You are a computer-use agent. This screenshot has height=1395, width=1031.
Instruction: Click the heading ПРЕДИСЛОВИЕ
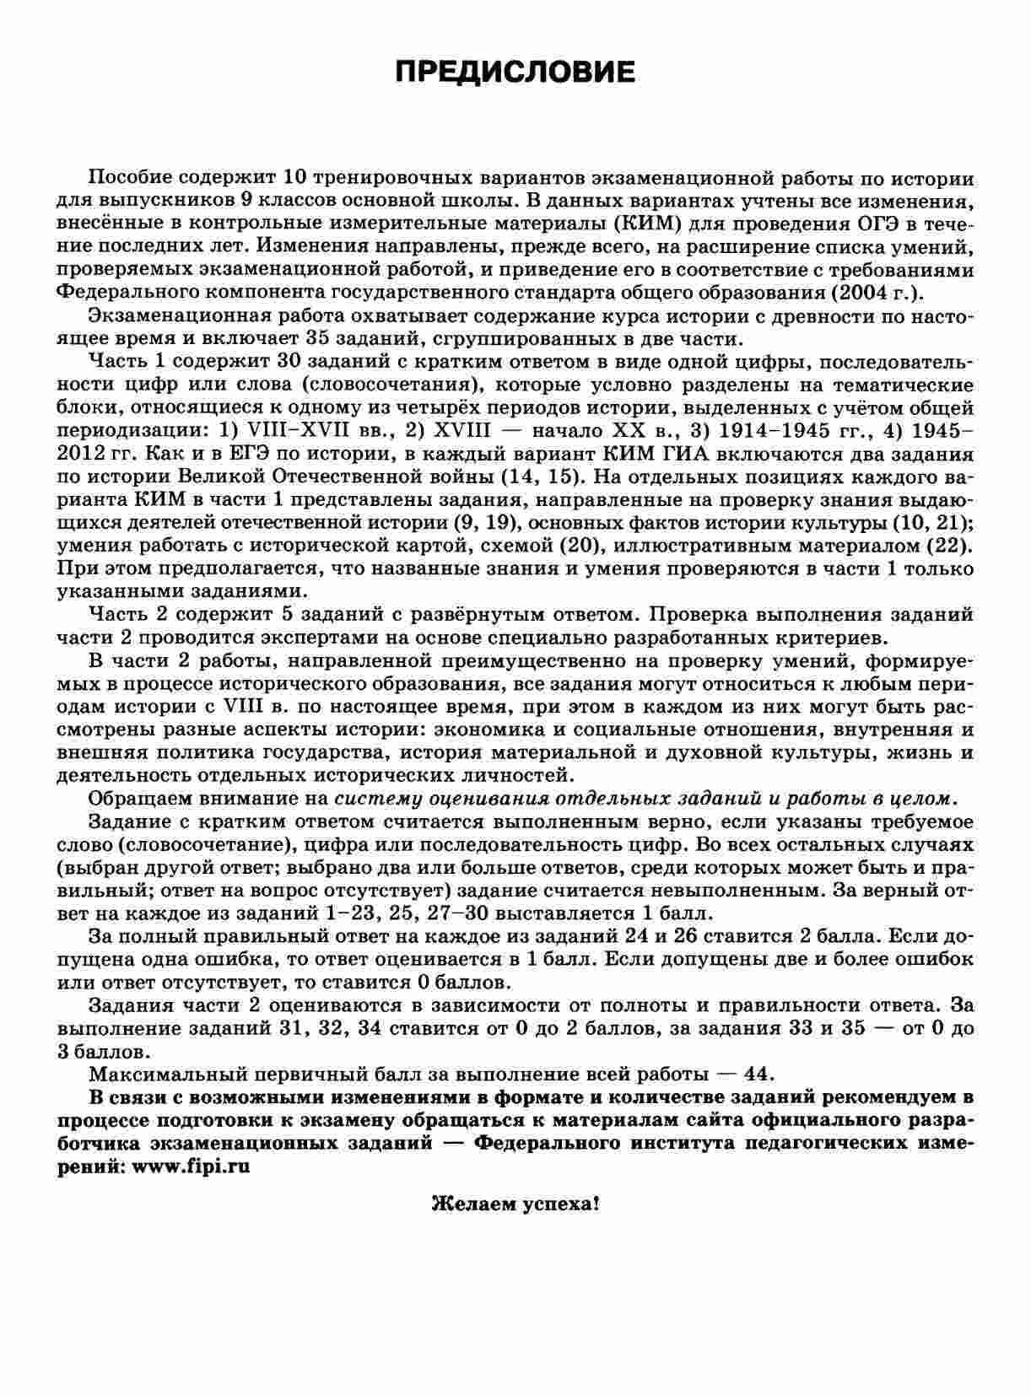515,72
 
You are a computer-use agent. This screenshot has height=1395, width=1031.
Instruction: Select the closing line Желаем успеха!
515,1204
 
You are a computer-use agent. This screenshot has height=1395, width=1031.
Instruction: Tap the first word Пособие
131,179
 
